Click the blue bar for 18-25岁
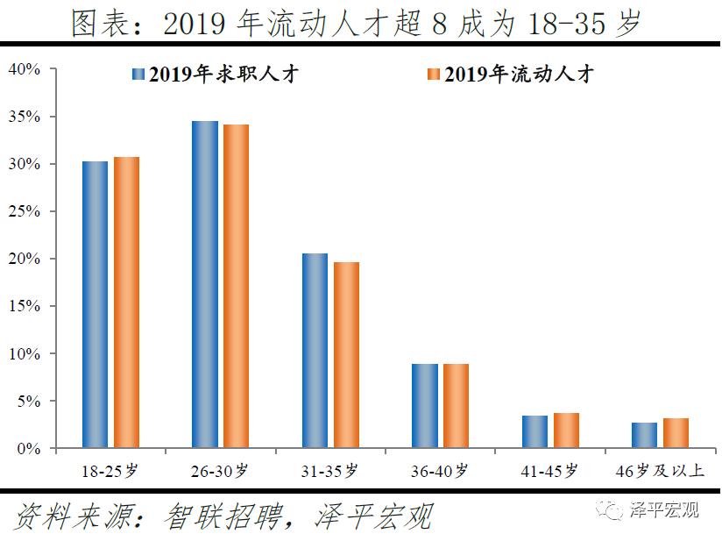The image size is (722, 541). click(95, 304)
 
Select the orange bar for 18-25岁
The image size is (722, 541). click(126, 303)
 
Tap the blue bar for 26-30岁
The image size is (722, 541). click(204, 284)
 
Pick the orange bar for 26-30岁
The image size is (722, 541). click(236, 286)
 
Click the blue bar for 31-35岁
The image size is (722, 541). click(315, 351)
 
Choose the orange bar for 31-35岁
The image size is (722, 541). click(346, 355)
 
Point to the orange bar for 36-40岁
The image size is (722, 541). click(456, 406)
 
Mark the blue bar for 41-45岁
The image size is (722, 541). click(534, 431)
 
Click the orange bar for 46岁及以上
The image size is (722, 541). click(676, 433)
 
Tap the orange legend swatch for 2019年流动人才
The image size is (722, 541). click(432, 75)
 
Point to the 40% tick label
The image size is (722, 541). click(24, 69)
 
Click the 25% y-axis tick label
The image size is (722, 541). click(24, 211)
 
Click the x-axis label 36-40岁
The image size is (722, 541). click(440, 471)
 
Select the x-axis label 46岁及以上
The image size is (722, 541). click(660, 471)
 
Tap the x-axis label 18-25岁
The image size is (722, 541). click(110, 471)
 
